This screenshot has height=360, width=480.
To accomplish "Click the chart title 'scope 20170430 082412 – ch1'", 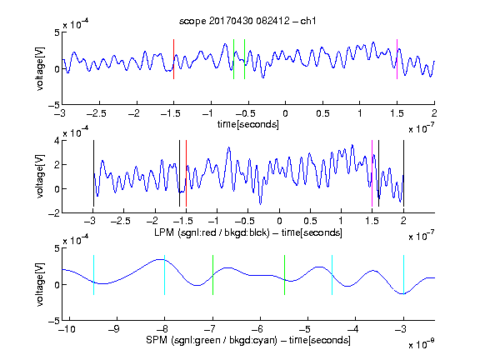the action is pos(247,21).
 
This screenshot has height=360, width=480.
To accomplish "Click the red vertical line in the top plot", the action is pos(173,59).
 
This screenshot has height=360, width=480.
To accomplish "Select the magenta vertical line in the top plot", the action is pos(397,59).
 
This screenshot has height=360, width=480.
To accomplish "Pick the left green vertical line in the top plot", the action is pos(233,59).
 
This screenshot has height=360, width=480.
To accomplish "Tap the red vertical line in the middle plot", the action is pos(186,173).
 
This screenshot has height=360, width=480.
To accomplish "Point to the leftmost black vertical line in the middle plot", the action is pos(93,173).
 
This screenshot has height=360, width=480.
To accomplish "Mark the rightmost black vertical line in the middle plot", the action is pos(403,173).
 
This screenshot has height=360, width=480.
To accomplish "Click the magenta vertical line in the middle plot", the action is pos(372,173).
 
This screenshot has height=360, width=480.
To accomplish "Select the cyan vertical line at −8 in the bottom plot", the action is pos(164,275).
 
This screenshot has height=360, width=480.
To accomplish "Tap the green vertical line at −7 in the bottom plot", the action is pos(212,275).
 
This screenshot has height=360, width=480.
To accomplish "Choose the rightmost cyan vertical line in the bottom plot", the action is pos(403,275).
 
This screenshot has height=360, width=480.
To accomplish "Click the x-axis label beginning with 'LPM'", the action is pos(248,232).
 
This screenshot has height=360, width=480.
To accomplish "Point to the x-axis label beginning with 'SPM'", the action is pos(248,340).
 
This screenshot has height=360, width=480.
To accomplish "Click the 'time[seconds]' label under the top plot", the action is pos(248,124).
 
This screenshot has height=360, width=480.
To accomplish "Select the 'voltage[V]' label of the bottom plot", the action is pos(40,284).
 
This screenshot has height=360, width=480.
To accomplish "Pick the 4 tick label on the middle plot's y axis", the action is pos(57,141).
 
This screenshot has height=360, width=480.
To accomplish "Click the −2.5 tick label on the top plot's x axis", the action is pos(96,113).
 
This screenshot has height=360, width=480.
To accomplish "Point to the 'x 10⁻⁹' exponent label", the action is pos(422,344).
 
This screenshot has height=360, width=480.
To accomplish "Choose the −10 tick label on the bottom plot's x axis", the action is pos(67,329).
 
